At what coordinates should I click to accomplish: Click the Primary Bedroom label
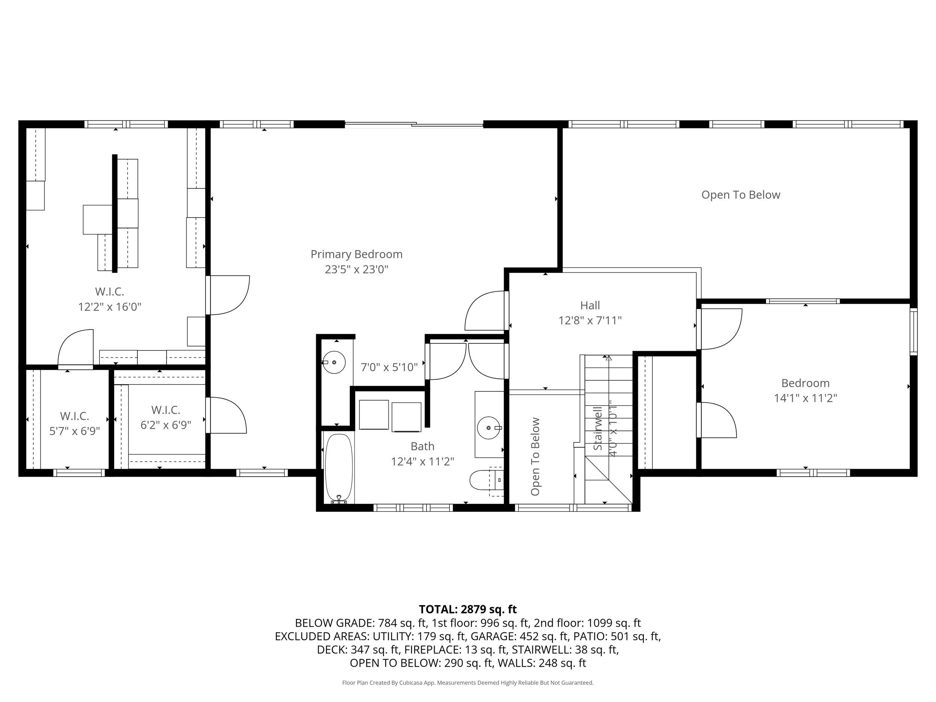[x=356, y=254]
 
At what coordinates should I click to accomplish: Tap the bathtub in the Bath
[x=338, y=468]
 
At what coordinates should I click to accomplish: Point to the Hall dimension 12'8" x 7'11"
[x=590, y=320]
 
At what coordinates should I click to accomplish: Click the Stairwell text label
[x=598, y=429]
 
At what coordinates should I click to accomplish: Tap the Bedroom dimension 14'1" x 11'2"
[x=805, y=398]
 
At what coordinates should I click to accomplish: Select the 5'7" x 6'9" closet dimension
[x=75, y=431]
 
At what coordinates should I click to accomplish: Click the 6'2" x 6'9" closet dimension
[x=166, y=425]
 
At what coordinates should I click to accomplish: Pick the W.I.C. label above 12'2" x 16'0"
[x=109, y=292]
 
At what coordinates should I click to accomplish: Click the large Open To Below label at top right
[x=741, y=195]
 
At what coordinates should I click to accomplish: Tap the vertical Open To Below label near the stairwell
[x=535, y=456]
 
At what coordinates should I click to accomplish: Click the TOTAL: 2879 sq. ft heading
[x=468, y=609]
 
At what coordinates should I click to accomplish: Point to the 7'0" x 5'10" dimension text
[x=389, y=367]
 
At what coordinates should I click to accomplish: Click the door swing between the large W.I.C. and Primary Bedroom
[x=228, y=295]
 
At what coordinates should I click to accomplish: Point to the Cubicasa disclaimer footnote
[x=468, y=683]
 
